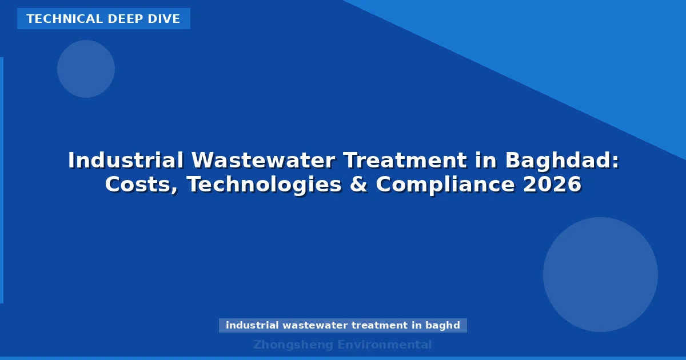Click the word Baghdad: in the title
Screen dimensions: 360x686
[562, 161]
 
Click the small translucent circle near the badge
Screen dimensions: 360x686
[86, 69]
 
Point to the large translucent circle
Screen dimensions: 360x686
[600, 274]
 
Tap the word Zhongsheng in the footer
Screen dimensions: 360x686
[293, 345]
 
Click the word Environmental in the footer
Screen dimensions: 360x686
[385, 345]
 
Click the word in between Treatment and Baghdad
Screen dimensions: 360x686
[485, 161]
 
